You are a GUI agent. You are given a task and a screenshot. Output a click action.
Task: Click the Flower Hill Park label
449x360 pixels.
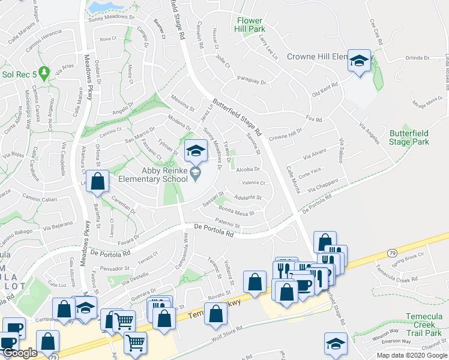pyautogui.click(x=250, y=23)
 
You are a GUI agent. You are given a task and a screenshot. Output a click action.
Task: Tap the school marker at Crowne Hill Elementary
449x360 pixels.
pyautogui.click(x=360, y=62)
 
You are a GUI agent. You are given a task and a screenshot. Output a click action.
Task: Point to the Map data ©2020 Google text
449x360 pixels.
pyautogui.click(x=411, y=355)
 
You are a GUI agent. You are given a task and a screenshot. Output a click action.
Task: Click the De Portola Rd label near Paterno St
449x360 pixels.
pyautogui.click(x=214, y=230)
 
